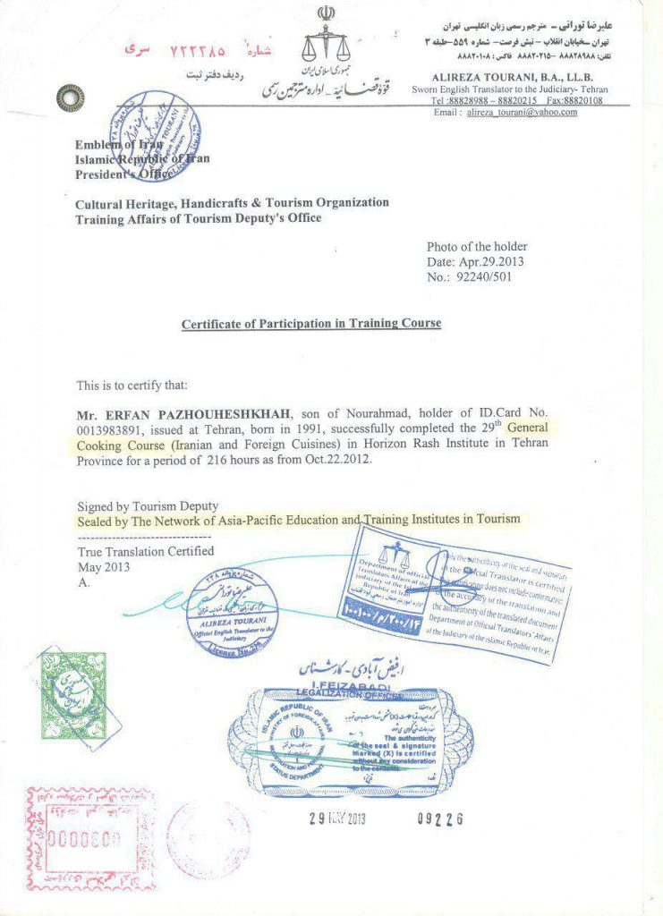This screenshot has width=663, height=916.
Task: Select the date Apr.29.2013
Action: point(490,262)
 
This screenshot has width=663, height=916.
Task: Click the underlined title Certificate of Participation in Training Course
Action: point(311,324)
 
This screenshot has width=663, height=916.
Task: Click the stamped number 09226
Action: point(440,818)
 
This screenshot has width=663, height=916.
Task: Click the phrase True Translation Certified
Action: point(146,551)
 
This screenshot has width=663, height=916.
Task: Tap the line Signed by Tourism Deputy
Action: point(148,505)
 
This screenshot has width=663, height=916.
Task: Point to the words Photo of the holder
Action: point(476,247)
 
